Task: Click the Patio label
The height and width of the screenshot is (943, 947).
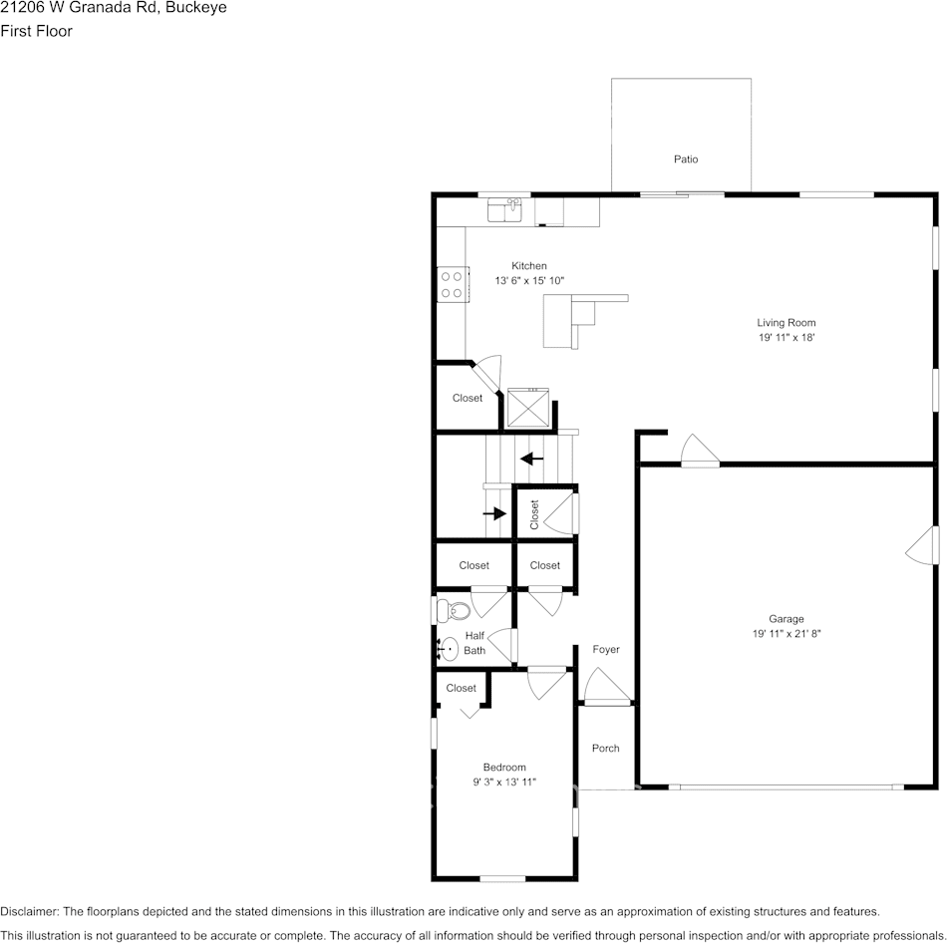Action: pos(685,159)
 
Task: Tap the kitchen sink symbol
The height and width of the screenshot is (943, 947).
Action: pos(504,210)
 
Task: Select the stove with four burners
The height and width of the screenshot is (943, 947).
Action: pos(453,284)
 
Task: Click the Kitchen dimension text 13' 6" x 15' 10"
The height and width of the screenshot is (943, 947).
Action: pos(529,281)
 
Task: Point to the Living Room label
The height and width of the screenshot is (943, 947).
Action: pos(786,322)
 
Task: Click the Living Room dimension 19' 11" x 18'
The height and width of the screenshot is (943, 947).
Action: pos(786,338)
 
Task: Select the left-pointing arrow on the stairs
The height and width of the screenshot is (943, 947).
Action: pos(531,459)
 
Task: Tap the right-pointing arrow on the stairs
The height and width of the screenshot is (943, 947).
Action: pos(494,513)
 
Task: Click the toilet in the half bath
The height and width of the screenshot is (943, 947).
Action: pos(453,610)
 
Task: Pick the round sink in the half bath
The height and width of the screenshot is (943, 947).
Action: pos(448,650)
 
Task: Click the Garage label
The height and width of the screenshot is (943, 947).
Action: pos(786,618)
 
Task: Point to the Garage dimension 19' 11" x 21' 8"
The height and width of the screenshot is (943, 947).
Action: pos(786,634)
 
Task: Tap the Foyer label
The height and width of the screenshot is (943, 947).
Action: pos(606,649)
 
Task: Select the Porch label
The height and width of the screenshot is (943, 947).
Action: pos(605,748)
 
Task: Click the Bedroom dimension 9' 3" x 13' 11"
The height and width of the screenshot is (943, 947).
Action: pos(504,783)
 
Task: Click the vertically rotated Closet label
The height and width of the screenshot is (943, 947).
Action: pos(534,514)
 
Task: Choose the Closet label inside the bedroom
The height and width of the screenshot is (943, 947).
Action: pos(461,688)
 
